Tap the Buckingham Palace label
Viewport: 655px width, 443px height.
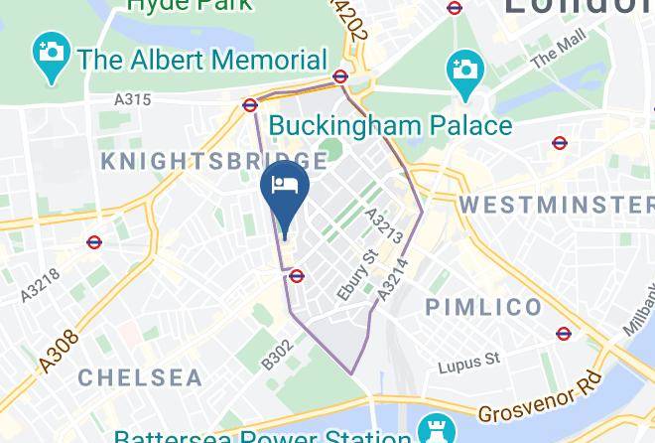[x=391, y=126]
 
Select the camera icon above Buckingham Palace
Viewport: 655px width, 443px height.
[x=462, y=70]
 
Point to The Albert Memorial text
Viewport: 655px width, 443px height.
[x=202, y=59]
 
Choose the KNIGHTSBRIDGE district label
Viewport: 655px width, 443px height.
[x=212, y=161]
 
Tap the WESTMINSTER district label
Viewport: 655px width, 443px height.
[x=556, y=205]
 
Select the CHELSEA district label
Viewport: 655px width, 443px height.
[x=139, y=377]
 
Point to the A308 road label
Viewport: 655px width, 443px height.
[x=61, y=353]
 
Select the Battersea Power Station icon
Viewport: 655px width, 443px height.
[x=432, y=430]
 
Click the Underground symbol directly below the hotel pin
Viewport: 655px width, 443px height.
[x=296, y=276]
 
